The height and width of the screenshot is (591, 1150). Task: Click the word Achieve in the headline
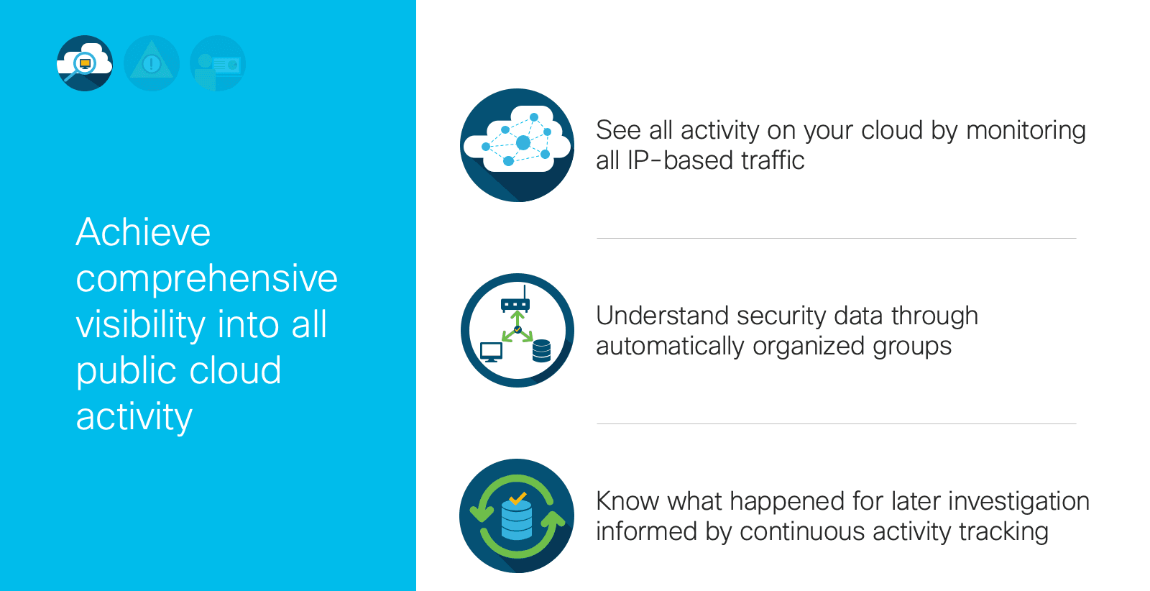click(x=143, y=232)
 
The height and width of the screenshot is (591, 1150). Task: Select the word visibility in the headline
click(x=141, y=324)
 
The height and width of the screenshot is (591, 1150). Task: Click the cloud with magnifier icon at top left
click(x=85, y=63)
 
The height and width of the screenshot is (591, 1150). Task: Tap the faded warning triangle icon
click(x=152, y=63)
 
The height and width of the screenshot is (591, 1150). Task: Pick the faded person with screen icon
click(x=218, y=63)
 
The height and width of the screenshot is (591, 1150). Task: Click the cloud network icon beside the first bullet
click(x=517, y=145)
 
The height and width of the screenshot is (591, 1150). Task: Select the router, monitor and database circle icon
click(x=517, y=330)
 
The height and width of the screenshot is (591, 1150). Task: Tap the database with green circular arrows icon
click(x=517, y=516)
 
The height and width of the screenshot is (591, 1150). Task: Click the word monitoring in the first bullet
click(x=1026, y=131)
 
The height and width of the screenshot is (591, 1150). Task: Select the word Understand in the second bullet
click(x=662, y=316)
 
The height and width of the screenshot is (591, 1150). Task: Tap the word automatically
click(x=670, y=347)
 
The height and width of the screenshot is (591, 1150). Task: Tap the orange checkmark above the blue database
click(x=517, y=498)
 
